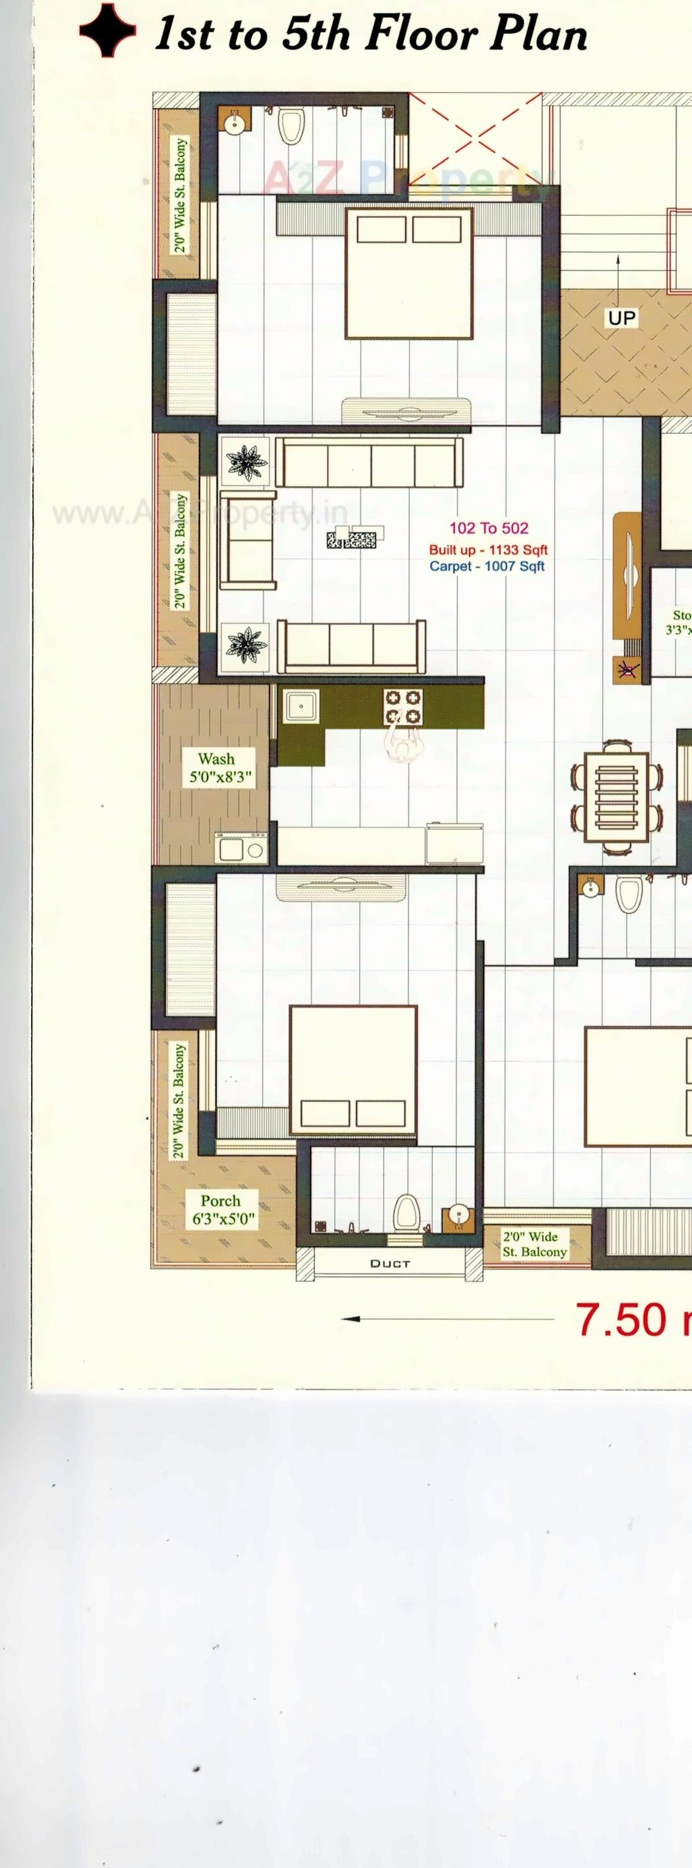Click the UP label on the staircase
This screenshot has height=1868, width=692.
tap(622, 317)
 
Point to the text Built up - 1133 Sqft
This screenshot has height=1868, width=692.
tap(488, 550)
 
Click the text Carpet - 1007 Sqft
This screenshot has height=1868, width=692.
tap(487, 566)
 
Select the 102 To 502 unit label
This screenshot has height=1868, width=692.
tap(488, 528)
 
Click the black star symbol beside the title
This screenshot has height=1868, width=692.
tap(107, 31)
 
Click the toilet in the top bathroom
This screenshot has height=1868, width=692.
tap(291, 127)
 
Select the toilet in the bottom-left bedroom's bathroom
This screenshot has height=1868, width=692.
tap(405, 1211)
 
